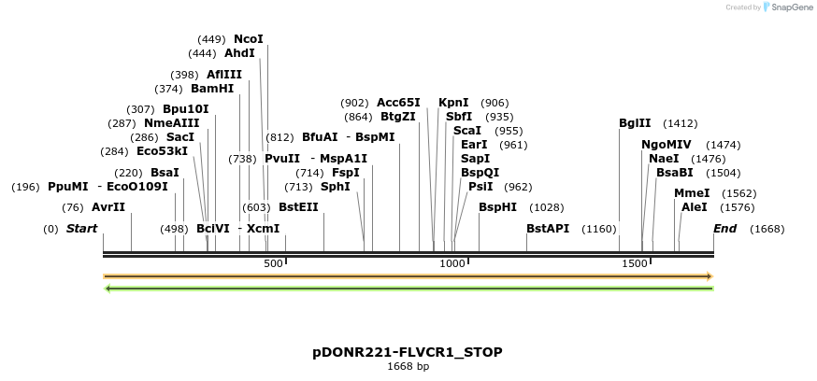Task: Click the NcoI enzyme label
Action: click(249, 39)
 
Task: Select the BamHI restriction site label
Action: click(212, 89)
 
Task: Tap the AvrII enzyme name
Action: click(108, 207)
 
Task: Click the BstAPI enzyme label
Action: click(548, 229)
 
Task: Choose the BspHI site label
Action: click(497, 207)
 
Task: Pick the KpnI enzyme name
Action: click(453, 103)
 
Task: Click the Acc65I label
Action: click(398, 103)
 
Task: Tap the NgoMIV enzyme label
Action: click(666, 145)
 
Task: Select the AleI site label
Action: click(695, 207)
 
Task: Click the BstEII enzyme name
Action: click(299, 207)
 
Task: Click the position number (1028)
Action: click(547, 207)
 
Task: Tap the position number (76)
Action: click(73, 207)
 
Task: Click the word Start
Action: click(81, 229)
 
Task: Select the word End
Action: click(724, 229)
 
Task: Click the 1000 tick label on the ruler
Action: click(452, 264)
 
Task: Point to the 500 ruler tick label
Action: click(273, 264)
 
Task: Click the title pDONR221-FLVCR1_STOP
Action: click(408, 352)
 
